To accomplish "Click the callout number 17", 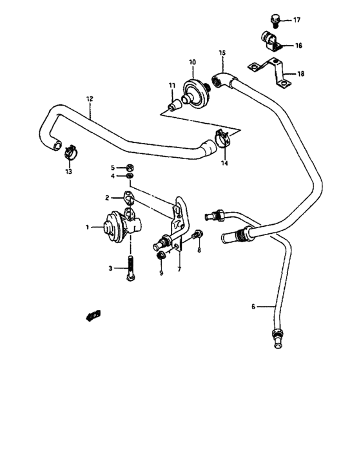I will (x=297, y=20).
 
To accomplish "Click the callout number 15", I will (x=222, y=52).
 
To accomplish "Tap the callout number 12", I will (x=90, y=99).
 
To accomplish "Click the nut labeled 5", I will (x=130, y=167).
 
